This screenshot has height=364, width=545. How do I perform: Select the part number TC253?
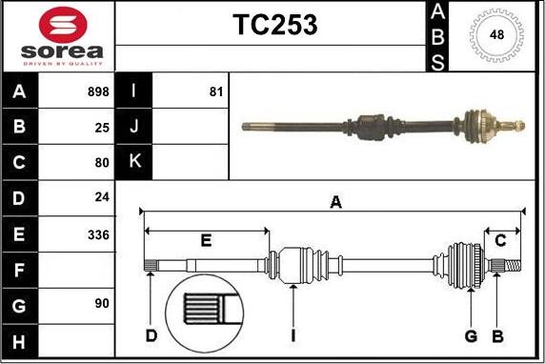275,26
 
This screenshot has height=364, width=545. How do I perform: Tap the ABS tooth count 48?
496,35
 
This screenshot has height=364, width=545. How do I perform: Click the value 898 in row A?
97,92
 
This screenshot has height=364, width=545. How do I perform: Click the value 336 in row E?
98,233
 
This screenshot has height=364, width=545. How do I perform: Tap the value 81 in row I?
215,92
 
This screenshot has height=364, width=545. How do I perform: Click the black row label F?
20,270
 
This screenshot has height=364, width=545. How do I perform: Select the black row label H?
20,341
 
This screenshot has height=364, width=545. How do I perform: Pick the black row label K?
133,162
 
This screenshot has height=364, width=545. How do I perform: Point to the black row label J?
133,127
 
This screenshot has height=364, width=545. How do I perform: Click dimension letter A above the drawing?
335,201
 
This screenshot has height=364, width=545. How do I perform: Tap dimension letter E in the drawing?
205,239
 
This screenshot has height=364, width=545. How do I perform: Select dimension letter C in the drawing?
500,239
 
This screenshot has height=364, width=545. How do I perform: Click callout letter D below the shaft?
151,335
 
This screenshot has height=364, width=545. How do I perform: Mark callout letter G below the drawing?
471,335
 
